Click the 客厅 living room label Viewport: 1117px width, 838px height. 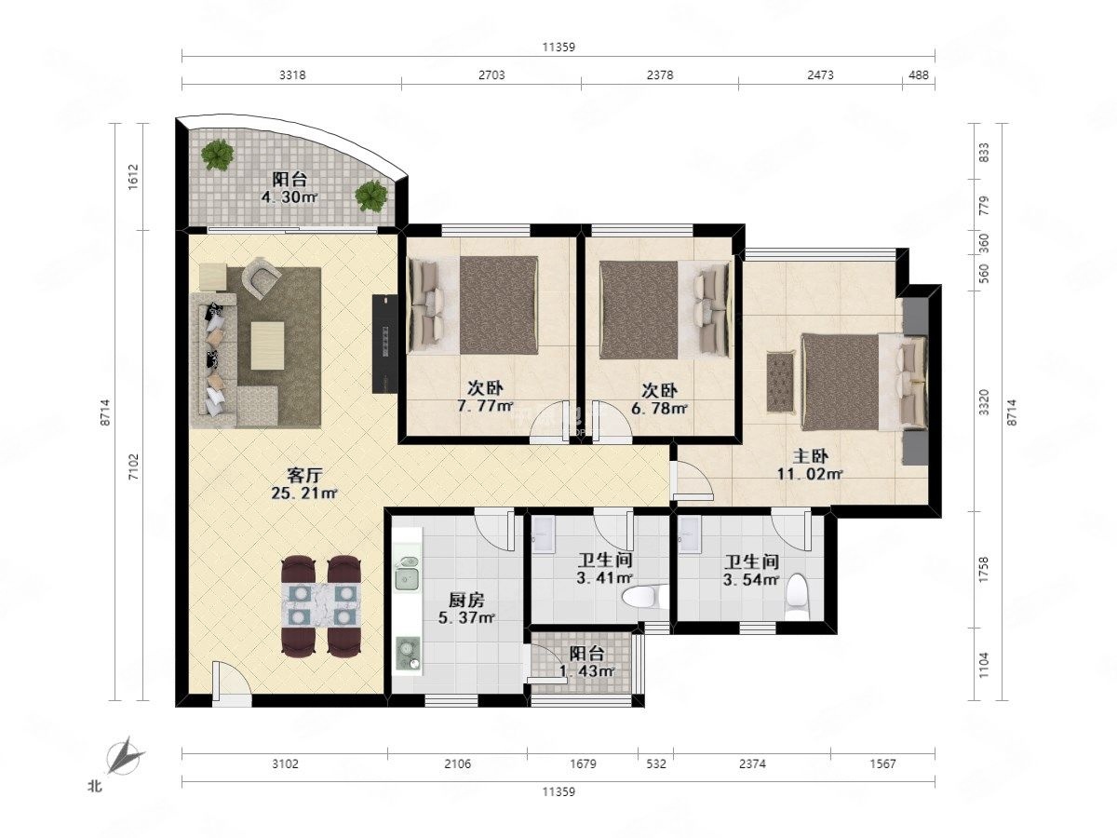(x=304, y=476)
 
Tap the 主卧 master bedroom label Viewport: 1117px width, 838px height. (x=810, y=456)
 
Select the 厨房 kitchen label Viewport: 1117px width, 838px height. (x=466, y=601)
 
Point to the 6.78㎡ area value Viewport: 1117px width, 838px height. (x=659, y=408)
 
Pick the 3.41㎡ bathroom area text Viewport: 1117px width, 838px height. (x=604, y=578)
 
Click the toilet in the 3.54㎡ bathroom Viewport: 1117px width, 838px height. (x=797, y=595)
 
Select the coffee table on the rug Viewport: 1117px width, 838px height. (x=267, y=345)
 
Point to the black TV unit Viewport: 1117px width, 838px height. (x=384, y=344)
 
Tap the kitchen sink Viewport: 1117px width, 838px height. (x=407, y=573)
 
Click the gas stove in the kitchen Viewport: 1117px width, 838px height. (x=408, y=656)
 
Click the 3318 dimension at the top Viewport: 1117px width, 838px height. (x=292, y=75)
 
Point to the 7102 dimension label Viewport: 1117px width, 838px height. (x=133, y=467)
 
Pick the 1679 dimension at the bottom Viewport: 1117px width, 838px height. (x=584, y=764)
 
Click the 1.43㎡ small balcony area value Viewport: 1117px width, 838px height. (x=586, y=671)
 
